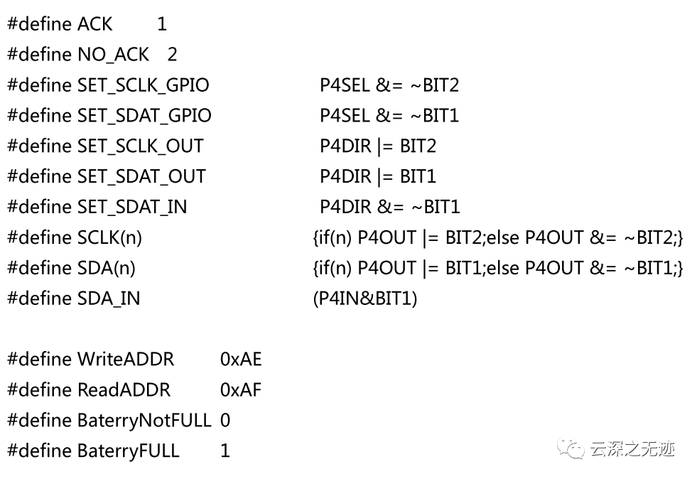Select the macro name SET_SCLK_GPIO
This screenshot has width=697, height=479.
[143, 85]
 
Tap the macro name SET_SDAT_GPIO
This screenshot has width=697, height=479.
[144, 116]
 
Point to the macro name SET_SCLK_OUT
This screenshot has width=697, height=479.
[141, 146]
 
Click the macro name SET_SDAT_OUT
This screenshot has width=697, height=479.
[142, 176]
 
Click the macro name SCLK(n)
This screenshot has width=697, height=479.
[110, 237]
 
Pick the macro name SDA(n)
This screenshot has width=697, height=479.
[107, 268]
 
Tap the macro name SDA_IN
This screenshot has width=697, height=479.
[109, 298]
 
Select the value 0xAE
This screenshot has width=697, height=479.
[241, 360]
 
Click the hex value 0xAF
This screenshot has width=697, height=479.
[240, 390]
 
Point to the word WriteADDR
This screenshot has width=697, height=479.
[126, 360]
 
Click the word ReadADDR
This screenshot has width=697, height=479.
[124, 390]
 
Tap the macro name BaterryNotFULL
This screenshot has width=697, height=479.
[144, 421]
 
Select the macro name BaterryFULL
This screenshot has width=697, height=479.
[129, 451]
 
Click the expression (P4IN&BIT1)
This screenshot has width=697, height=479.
[365, 298]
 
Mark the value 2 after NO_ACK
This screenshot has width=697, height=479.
[172, 55]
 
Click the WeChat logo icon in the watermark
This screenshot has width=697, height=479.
[571, 448]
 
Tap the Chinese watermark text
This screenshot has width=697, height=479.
[632, 449]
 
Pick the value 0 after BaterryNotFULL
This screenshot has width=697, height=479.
[225, 420]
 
